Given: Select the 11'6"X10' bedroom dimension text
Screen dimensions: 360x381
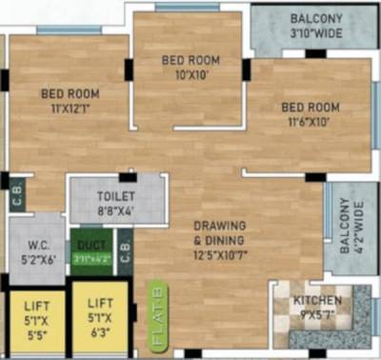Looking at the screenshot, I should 307,121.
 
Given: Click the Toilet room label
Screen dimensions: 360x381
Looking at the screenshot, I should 116,196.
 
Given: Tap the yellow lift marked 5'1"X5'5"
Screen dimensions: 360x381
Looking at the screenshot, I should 32,319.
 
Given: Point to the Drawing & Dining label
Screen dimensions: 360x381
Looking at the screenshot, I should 221,232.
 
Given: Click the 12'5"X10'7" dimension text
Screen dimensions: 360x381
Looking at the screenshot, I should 221,254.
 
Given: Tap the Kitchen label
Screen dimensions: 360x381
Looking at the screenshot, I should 318,301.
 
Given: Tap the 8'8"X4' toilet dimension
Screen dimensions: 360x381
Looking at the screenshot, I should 116,211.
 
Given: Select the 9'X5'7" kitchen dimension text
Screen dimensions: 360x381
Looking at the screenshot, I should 318,315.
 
